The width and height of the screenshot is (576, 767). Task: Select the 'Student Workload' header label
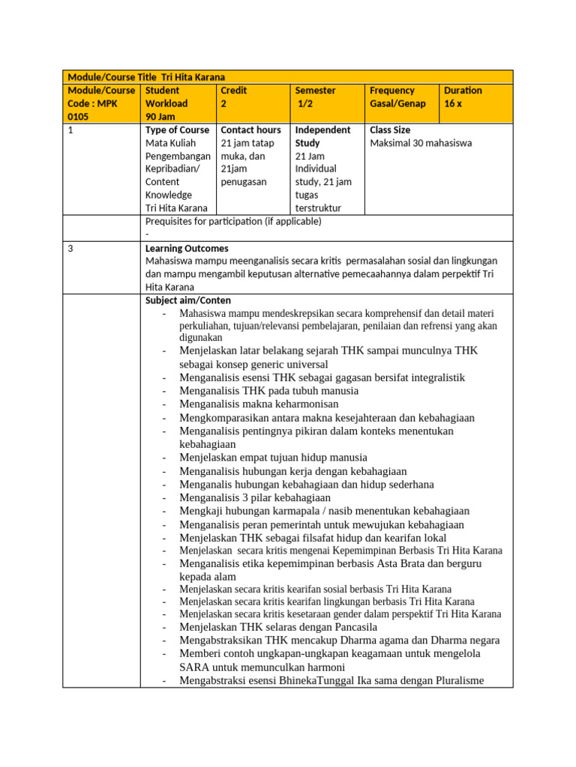click(166, 97)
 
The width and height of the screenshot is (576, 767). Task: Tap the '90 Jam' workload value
click(161, 117)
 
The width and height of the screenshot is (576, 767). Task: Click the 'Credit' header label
click(233, 91)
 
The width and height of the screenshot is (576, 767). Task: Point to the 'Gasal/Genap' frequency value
click(397, 103)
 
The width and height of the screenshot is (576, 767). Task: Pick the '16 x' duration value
click(453, 103)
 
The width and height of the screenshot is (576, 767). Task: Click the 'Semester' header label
click(316, 91)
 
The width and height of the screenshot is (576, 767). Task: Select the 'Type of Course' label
click(177, 130)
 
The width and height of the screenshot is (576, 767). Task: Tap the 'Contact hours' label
click(251, 130)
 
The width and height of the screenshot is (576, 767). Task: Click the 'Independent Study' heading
click(322, 136)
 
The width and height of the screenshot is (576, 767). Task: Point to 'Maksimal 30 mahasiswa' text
click(421, 143)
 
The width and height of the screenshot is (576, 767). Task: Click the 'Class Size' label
click(390, 130)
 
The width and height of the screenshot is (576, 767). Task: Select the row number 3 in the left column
click(70, 248)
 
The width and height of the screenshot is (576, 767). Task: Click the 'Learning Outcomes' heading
click(187, 248)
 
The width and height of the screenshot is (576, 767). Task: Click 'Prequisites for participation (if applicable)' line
click(233, 221)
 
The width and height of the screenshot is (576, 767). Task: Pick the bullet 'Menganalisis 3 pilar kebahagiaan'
click(255, 497)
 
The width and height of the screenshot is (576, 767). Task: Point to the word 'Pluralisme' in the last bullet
click(457, 680)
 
